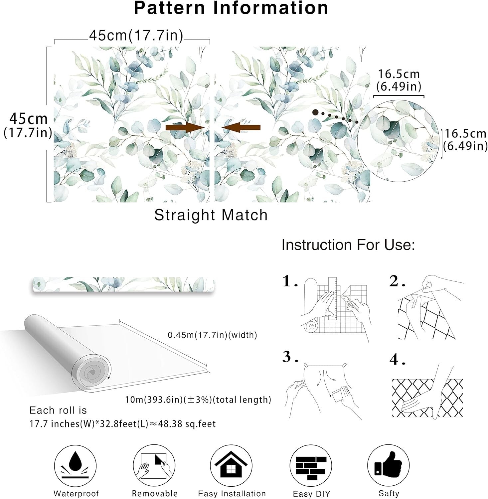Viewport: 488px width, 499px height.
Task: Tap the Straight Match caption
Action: click(211, 215)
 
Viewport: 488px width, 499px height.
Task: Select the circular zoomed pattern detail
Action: click(398, 141)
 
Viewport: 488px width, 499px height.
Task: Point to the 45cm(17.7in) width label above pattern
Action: click(136, 36)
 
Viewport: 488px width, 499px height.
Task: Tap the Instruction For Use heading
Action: click(348, 245)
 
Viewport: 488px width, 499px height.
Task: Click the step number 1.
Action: click(288, 281)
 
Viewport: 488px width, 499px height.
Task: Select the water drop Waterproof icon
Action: click(75, 466)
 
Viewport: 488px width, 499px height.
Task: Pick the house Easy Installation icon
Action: click(231, 466)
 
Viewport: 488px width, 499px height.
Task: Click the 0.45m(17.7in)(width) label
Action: click(212, 335)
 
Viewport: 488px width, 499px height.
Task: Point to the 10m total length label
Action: click(198, 400)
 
